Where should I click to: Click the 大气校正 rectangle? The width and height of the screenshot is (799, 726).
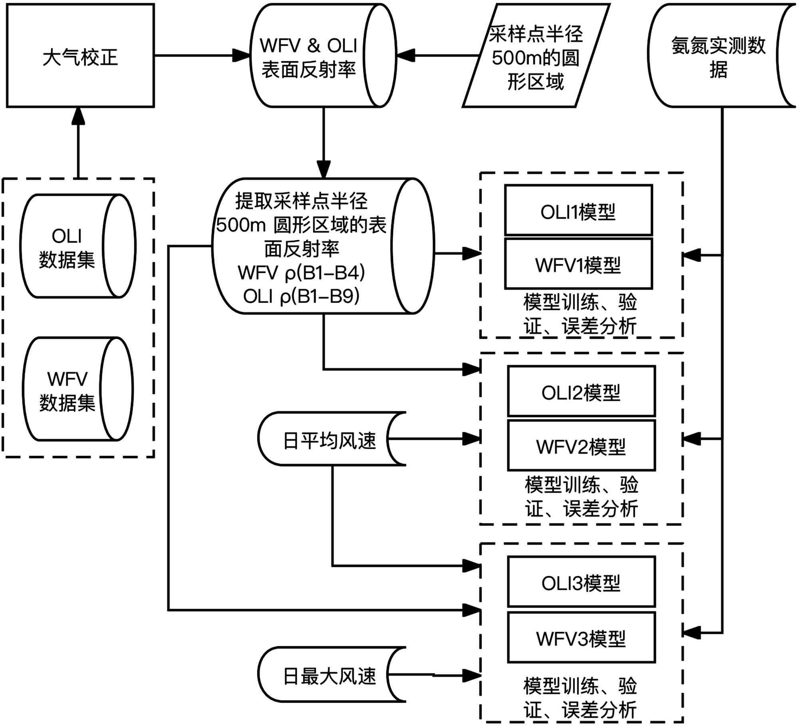(80, 56)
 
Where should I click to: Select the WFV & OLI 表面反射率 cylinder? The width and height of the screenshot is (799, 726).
(308, 56)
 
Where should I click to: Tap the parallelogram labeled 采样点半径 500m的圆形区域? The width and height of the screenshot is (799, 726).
(536, 56)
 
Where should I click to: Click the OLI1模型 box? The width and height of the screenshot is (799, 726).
(578, 211)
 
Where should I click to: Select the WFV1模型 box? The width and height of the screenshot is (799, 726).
(578, 264)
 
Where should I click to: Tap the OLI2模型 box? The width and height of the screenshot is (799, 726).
(581, 392)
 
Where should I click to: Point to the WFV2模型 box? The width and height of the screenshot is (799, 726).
(581, 446)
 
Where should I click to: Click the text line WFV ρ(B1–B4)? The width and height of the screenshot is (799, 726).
(302, 273)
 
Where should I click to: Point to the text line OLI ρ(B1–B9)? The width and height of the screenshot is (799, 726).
(302, 296)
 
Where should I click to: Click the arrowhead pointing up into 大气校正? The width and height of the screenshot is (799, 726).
(78, 116)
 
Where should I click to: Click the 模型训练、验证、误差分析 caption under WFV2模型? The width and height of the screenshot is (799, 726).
(581, 497)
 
